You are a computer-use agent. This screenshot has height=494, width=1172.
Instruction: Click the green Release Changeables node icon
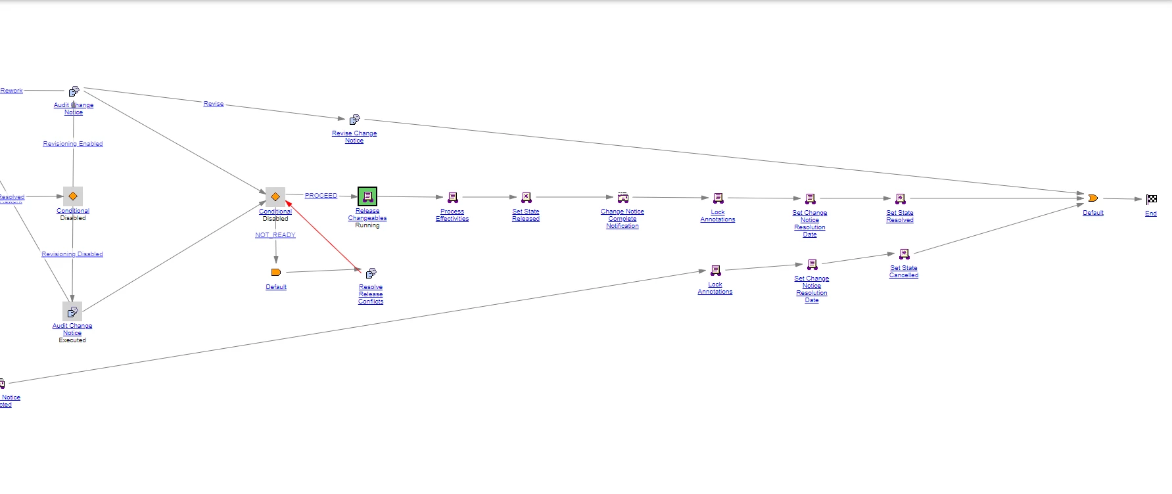click(367, 196)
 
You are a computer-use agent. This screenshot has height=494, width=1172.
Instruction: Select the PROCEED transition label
click(321, 196)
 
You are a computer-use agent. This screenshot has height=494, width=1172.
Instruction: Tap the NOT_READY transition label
click(275, 235)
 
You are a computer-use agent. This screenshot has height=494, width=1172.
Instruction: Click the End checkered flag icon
click(1152, 199)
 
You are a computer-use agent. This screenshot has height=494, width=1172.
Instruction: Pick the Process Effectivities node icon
click(453, 198)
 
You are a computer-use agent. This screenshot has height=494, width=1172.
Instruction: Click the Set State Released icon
click(527, 198)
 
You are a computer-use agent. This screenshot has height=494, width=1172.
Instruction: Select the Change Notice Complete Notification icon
click(622, 198)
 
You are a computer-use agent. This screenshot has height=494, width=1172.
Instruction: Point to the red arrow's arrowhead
click(288, 204)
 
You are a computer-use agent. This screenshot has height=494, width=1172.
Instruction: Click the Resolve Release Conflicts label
click(371, 294)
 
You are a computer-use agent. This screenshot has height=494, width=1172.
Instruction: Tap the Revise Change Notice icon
click(354, 120)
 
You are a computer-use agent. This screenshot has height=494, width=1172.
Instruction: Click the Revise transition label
click(214, 104)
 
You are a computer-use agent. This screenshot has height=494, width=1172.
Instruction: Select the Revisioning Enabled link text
click(73, 144)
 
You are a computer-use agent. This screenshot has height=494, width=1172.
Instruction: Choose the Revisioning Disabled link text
click(72, 254)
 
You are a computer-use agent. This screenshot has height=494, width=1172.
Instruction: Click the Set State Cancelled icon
click(904, 254)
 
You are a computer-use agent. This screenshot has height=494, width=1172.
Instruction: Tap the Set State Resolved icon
click(901, 199)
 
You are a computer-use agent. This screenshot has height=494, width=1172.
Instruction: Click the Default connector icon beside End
click(1092, 198)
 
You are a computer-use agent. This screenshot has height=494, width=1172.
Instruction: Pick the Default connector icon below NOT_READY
click(276, 272)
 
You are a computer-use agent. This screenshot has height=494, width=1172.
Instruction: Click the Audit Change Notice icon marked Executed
click(72, 311)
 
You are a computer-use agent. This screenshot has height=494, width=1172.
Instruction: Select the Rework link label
click(12, 91)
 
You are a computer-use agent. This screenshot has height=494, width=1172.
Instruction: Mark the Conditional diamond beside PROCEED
click(275, 197)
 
